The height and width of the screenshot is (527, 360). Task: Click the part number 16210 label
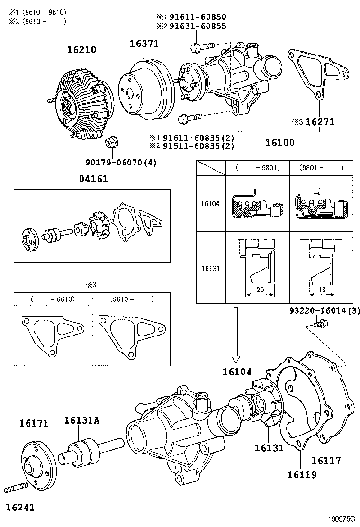(x=81, y=49)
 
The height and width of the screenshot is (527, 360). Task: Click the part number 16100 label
(x=279, y=142)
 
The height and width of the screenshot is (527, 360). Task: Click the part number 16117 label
(x=326, y=460)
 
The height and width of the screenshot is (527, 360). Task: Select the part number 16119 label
(x=302, y=474)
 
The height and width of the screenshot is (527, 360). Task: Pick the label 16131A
(x=81, y=420)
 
